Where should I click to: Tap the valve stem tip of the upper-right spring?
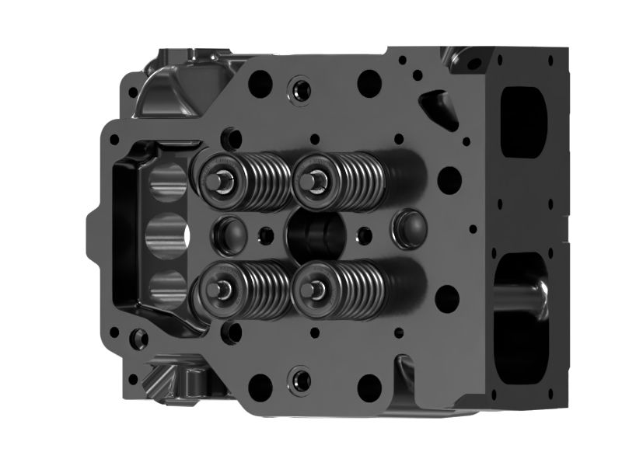(314, 179)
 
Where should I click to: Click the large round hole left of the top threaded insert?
(260, 82)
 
